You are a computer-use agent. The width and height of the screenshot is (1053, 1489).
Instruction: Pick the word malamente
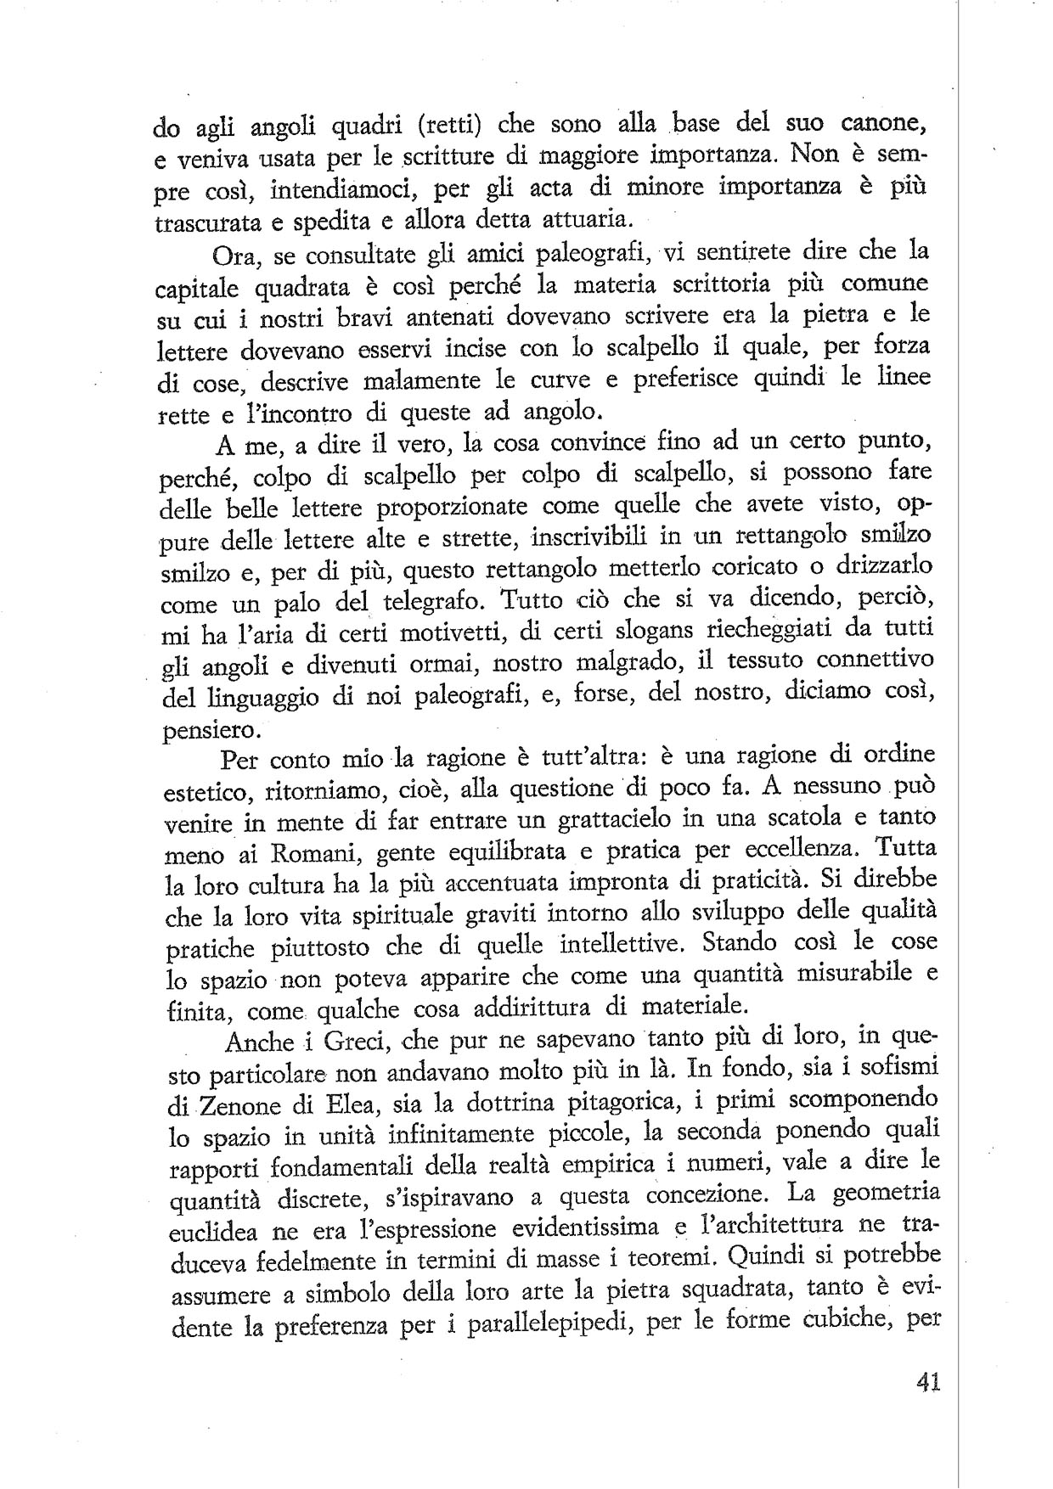coord(434,379)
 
